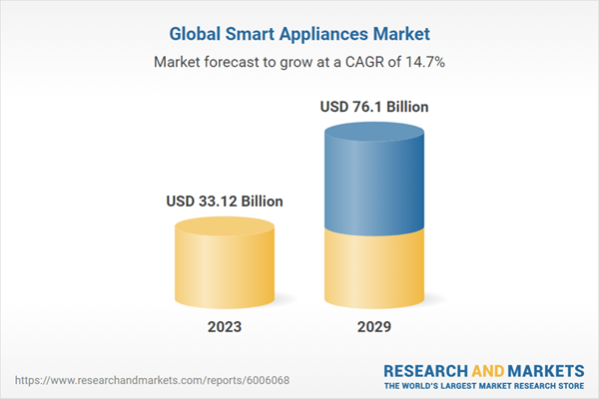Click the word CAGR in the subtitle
[x=358, y=62]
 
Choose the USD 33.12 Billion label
[x=224, y=201]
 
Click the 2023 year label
[x=224, y=326]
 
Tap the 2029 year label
[x=375, y=326]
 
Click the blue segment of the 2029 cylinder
[x=375, y=180]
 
